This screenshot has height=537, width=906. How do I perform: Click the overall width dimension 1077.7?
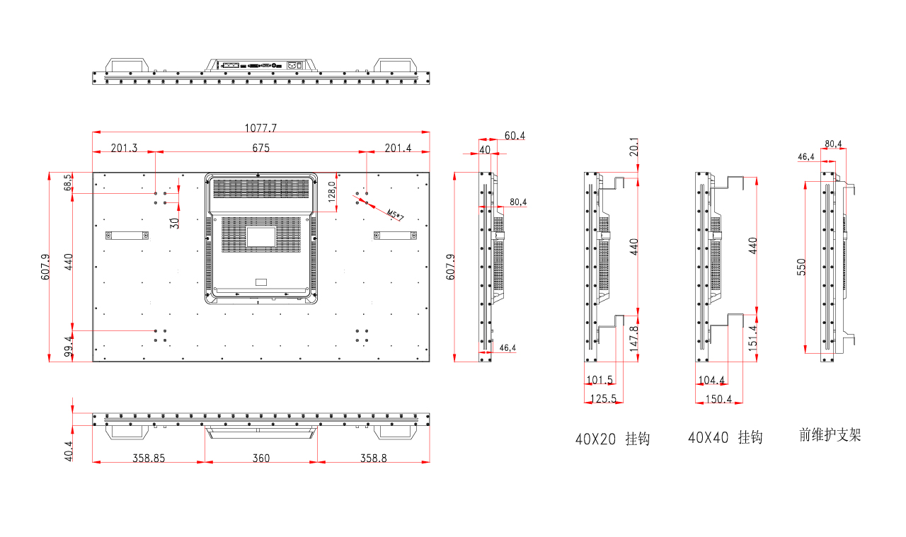point(261,128)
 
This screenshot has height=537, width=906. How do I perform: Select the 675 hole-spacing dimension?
point(261,148)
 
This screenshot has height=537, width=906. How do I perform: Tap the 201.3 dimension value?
point(124,148)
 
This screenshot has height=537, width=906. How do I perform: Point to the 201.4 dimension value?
point(398,148)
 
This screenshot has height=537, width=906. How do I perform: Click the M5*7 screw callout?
point(395,214)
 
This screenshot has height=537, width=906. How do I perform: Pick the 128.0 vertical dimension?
point(332,192)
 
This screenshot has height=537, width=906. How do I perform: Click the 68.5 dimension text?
point(69,183)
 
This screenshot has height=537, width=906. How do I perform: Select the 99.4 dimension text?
point(69,346)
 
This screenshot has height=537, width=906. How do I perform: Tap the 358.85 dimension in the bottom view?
point(149,458)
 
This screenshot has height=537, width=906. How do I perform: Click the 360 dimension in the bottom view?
point(261,458)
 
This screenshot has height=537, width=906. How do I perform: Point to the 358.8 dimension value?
point(373,458)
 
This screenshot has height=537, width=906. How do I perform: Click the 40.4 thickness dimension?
point(69,451)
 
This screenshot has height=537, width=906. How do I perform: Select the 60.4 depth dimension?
point(515,135)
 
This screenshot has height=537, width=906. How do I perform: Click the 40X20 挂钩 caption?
point(612,439)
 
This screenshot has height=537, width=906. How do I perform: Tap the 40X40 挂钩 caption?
point(726,437)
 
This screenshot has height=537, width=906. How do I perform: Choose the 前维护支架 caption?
point(830,434)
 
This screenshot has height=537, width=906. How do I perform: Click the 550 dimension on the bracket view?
point(801,267)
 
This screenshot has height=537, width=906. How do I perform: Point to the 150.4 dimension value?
point(718,399)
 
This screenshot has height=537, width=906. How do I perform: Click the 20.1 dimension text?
point(633,146)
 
